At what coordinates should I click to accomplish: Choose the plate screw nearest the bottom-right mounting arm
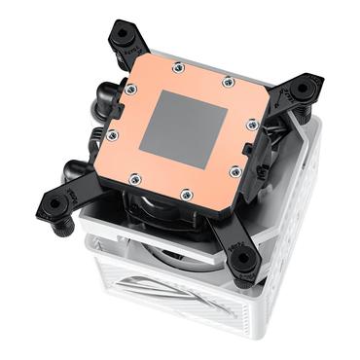click(x=234, y=172)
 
